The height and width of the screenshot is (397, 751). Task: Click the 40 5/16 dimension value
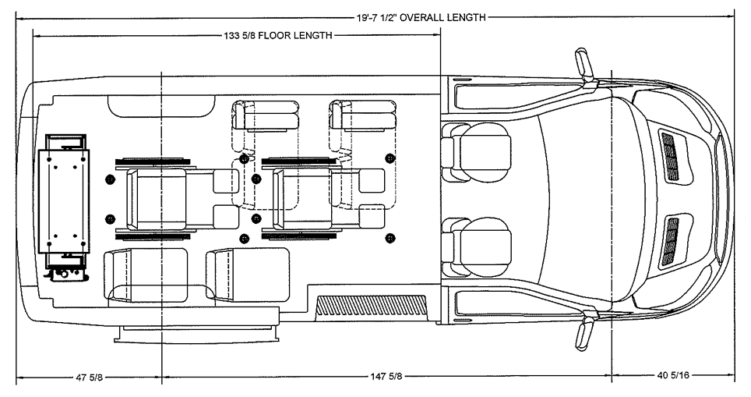(673, 376)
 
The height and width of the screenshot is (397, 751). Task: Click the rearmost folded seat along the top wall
(267, 117)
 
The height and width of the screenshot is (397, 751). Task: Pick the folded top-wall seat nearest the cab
(363, 117)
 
